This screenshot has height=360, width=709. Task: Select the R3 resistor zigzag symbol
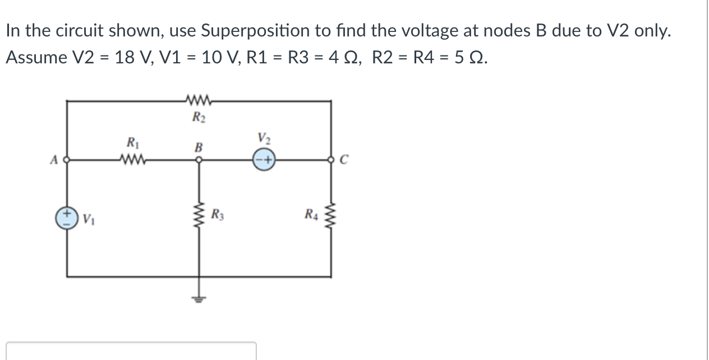197,215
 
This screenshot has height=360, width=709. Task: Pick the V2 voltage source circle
263,161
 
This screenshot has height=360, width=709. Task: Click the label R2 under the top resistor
197,118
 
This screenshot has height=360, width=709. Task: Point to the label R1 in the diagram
132,142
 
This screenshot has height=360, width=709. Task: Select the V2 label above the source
263,138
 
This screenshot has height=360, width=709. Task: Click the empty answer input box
131,351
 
